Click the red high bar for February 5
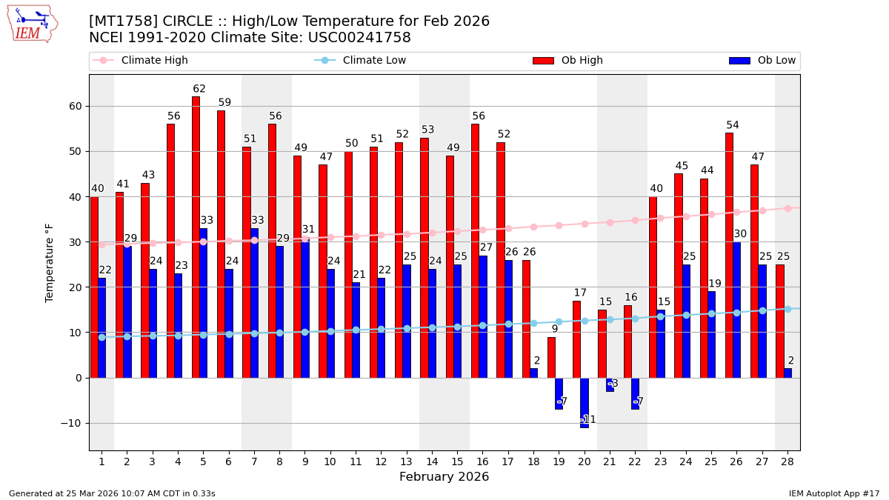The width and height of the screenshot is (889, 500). pyautogui.click(x=196, y=237)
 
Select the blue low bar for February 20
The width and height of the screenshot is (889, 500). pyautogui.click(x=585, y=402)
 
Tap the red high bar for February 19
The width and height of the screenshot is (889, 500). pyautogui.click(x=551, y=357)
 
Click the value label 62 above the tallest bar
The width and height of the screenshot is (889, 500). pyautogui.click(x=199, y=90)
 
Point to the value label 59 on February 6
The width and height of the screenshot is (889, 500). pyautogui.click(x=224, y=103)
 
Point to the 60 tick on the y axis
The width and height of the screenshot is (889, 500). pyautogui.click(x=75, y=106)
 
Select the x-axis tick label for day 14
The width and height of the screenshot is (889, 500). pyautogui.click(x=432, y=462)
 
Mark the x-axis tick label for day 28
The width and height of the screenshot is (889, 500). pyautogui.click(x=788, y=462)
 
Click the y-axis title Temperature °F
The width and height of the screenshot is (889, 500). pyautogui.click(x=50, y=262)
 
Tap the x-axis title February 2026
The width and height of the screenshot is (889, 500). pyautogui.click(x=444, y=477)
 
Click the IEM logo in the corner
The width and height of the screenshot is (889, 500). pyautogui.click(x=32, y=24)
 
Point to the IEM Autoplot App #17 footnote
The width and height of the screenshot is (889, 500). pyautogui.click(x=833, y=493)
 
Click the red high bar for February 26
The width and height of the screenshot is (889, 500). pyautogui.click(x=729, y=255)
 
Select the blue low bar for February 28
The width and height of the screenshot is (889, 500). pyautogui.click(x=788, y=373)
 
